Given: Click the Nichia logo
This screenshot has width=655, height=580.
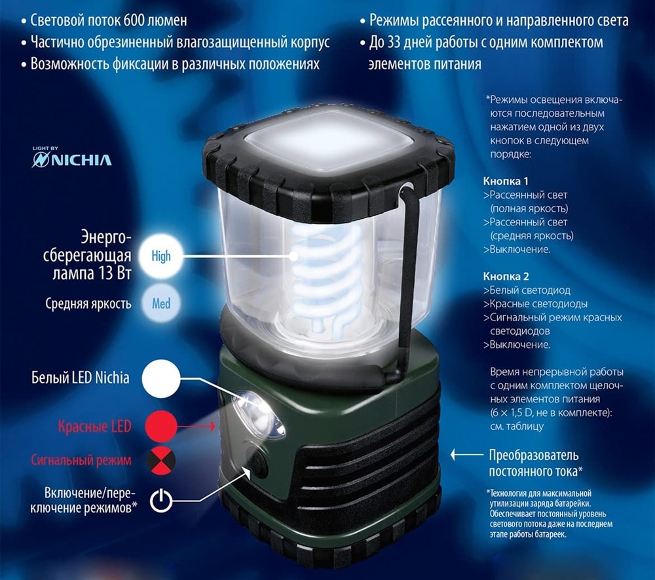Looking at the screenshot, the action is [x=72, y=157].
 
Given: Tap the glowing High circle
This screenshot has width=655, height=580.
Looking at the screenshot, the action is [x=161, y=256].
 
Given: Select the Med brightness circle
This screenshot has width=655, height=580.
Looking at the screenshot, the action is [x=161, y=303].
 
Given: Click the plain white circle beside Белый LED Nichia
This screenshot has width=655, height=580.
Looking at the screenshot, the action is [x=161, y=378].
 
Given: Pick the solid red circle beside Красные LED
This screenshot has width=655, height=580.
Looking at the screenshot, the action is [x=161, y=426].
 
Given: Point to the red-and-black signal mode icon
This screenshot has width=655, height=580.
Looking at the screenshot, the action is [x=161, y=461].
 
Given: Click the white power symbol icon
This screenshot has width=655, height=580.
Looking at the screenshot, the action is [x=161, y=500].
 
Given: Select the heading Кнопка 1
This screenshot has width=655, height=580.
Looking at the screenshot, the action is [x=506, y=181].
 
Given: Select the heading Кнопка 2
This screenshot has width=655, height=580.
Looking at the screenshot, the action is [x=506, y=276].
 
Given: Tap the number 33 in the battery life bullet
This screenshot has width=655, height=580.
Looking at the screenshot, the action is [x=394, y=42].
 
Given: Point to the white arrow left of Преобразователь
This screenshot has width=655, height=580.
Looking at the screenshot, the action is [x=466, y=455].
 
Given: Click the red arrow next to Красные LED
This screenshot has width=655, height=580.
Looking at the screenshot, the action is [x=196, y=426].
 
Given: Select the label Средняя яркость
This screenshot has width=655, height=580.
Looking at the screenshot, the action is [x=88, y=303].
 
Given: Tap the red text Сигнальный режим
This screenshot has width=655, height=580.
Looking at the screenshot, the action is [x=81, y=460].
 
